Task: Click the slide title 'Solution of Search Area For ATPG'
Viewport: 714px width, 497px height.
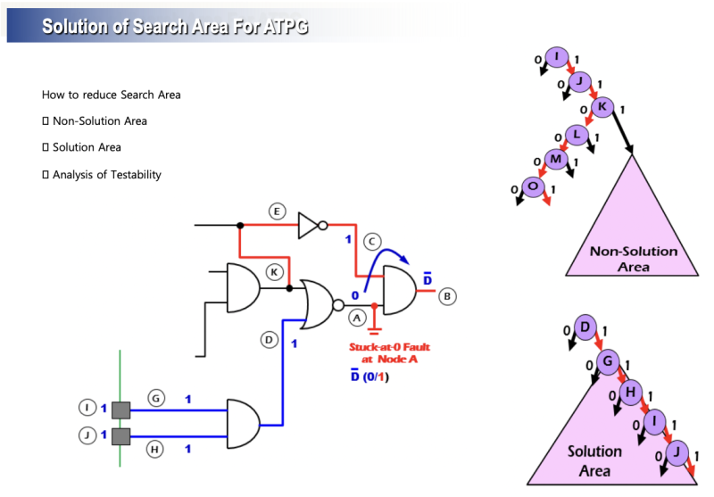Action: point(175,26)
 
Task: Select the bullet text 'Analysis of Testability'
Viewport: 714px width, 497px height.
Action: point(106,175)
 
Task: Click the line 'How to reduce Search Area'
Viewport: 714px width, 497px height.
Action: point(111,95)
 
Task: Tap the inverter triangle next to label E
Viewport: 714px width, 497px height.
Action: point(308,224)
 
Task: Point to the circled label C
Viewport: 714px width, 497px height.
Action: point(372,240)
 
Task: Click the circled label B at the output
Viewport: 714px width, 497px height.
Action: point(449,295)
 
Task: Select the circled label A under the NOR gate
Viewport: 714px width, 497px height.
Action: point(357,317)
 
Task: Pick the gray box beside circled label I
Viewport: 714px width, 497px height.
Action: point(120,410)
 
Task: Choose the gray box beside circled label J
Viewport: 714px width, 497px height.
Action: point(120,437)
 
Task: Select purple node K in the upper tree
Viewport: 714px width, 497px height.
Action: point(602,107)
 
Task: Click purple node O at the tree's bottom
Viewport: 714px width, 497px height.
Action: point(533,186)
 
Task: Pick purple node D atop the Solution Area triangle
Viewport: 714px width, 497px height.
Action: point(585,328)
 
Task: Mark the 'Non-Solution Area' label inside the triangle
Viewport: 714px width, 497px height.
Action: point(633,258)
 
